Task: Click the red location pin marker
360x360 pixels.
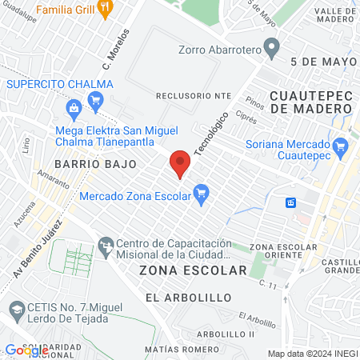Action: point(180,163)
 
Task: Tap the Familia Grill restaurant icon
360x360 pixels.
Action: point(106,7)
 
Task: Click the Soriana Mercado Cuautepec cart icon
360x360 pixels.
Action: point(341,146)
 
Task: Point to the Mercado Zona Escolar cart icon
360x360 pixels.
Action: point(201,193)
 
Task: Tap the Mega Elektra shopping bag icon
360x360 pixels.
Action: point(74,106)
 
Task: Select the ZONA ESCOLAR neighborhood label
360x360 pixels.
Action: point(193,270)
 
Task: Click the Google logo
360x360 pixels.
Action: point(26,350)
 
